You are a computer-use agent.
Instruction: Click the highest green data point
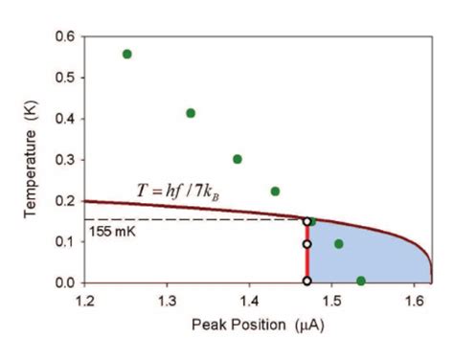127,54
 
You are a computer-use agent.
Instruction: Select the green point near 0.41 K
191,113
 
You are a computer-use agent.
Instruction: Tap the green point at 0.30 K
238,159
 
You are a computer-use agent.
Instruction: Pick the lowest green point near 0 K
360,281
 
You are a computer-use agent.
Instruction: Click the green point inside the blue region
338,243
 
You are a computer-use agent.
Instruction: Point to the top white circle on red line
306,221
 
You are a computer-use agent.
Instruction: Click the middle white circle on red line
306,244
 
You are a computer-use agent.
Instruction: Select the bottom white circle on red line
306,281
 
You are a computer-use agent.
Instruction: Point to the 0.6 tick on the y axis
66,36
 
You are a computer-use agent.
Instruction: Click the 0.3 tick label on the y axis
66,160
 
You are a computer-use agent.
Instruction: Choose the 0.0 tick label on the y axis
66,282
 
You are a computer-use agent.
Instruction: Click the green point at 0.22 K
275,191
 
